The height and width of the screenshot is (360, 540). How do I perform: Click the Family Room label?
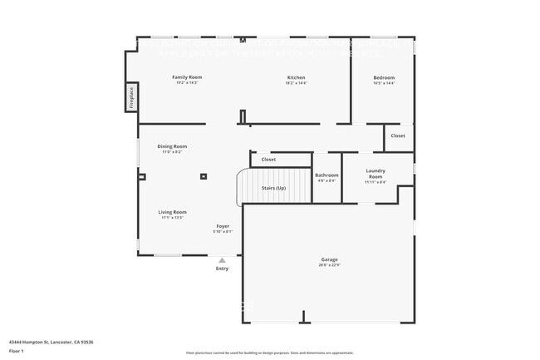pos(187,77)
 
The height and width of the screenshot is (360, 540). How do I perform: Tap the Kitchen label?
pos(296,77)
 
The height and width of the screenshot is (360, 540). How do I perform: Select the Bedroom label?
pos(384,77)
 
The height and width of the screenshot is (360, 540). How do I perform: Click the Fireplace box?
pos(131,98)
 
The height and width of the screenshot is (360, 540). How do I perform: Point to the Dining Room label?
pos(172,146)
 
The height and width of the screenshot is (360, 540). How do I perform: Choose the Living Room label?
pos(173,212)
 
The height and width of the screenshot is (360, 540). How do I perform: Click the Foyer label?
pos(223,225)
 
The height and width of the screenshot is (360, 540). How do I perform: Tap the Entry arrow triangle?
pos(222,260)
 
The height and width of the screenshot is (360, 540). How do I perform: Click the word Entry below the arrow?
pos(222,269)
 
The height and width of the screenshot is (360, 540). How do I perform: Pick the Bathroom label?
pos(326,175)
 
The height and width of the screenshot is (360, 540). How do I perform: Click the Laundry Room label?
pos(376,174)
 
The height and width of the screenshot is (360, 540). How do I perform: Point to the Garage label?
pos(329,259)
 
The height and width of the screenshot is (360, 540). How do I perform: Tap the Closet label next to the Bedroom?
pos(398,136)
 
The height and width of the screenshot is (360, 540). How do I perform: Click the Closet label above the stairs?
pos(268,160)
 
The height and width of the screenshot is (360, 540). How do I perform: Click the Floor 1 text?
pos(17,351)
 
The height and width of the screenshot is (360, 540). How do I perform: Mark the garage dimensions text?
pos(329,265)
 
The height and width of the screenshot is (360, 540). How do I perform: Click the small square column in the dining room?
pos(204,175)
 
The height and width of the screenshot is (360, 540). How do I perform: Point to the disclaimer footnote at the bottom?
pos(270,353)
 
